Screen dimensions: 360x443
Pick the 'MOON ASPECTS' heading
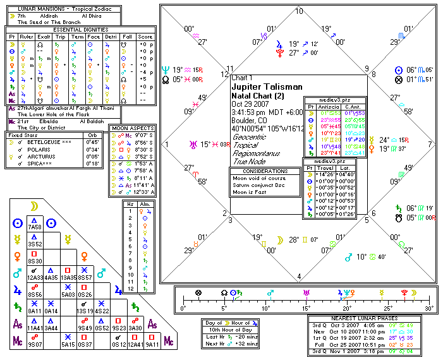(x=132, y=128)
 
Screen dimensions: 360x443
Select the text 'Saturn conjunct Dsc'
(x=258, y=186)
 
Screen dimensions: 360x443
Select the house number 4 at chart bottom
(x=299, y=276)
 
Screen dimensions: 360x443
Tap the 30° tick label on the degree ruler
(x=429, y=309)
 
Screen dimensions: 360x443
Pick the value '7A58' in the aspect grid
(x=35, y=226)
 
